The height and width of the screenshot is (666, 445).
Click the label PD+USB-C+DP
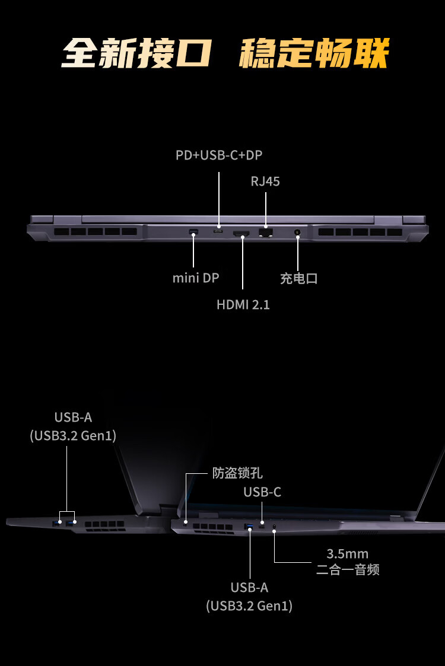tap(219, 155)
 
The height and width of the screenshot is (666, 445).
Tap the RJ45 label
tap(265, 181)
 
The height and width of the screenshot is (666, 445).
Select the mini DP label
tap(196, 278)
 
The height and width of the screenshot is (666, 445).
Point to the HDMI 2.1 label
tap(243, 305)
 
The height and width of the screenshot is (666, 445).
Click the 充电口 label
tap(299, 279)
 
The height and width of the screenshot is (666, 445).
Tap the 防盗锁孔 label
tap(237, 473)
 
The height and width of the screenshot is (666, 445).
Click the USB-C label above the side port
tap(262, 492)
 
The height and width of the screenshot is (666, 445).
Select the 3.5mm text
tap(347, 554)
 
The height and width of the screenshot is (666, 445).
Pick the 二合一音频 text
tap(348, 569)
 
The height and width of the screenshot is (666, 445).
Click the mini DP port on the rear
tap(193, 232)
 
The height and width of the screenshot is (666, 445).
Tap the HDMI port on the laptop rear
tap(241, 233)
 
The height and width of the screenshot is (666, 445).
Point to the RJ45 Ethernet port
tap(266, 232)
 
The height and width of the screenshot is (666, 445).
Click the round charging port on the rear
tap(297, 232)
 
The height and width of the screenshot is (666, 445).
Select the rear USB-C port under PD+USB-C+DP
tap(218, 232)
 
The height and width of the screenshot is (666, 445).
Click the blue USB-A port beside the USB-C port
tap(249, 527)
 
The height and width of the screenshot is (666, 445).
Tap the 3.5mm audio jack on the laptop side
tap(274, 527)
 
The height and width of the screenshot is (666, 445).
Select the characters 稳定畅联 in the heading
tap(314, 53)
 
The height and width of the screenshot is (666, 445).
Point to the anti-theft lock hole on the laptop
tap(185, 522)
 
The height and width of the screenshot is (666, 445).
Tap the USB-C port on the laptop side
tap(262, 527)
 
